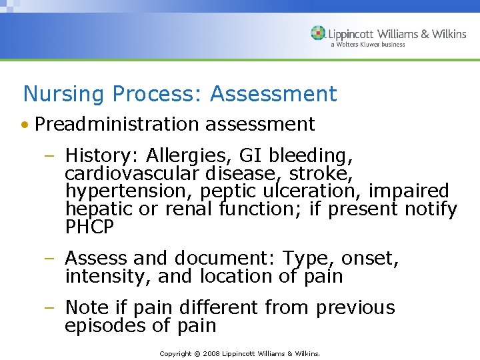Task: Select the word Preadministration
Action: click(117, 124)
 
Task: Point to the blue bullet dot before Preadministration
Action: click(25, 125)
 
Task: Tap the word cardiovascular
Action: click(133, 174)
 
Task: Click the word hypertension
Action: click(126, 192)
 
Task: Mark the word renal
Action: click(188, 209)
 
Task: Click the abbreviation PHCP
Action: click(90, 227)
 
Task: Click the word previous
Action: click(355, 308)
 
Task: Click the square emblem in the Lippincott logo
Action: click(319, 33)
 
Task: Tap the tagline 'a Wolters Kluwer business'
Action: click(367, 45)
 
